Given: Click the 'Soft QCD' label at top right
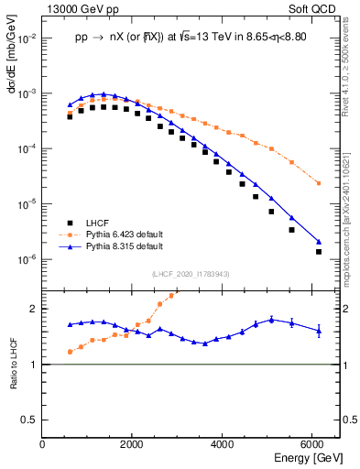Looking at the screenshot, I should (314, 7).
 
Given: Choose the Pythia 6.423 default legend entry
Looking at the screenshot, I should (124, 235).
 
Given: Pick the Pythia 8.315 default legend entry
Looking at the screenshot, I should (124, 247).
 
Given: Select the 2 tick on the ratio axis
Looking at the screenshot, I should (35, 309).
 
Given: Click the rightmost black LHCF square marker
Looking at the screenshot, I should (319, 251).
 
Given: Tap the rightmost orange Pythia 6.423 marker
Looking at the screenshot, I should (319, 183).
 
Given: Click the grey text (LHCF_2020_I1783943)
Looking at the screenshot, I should (191, 275).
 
